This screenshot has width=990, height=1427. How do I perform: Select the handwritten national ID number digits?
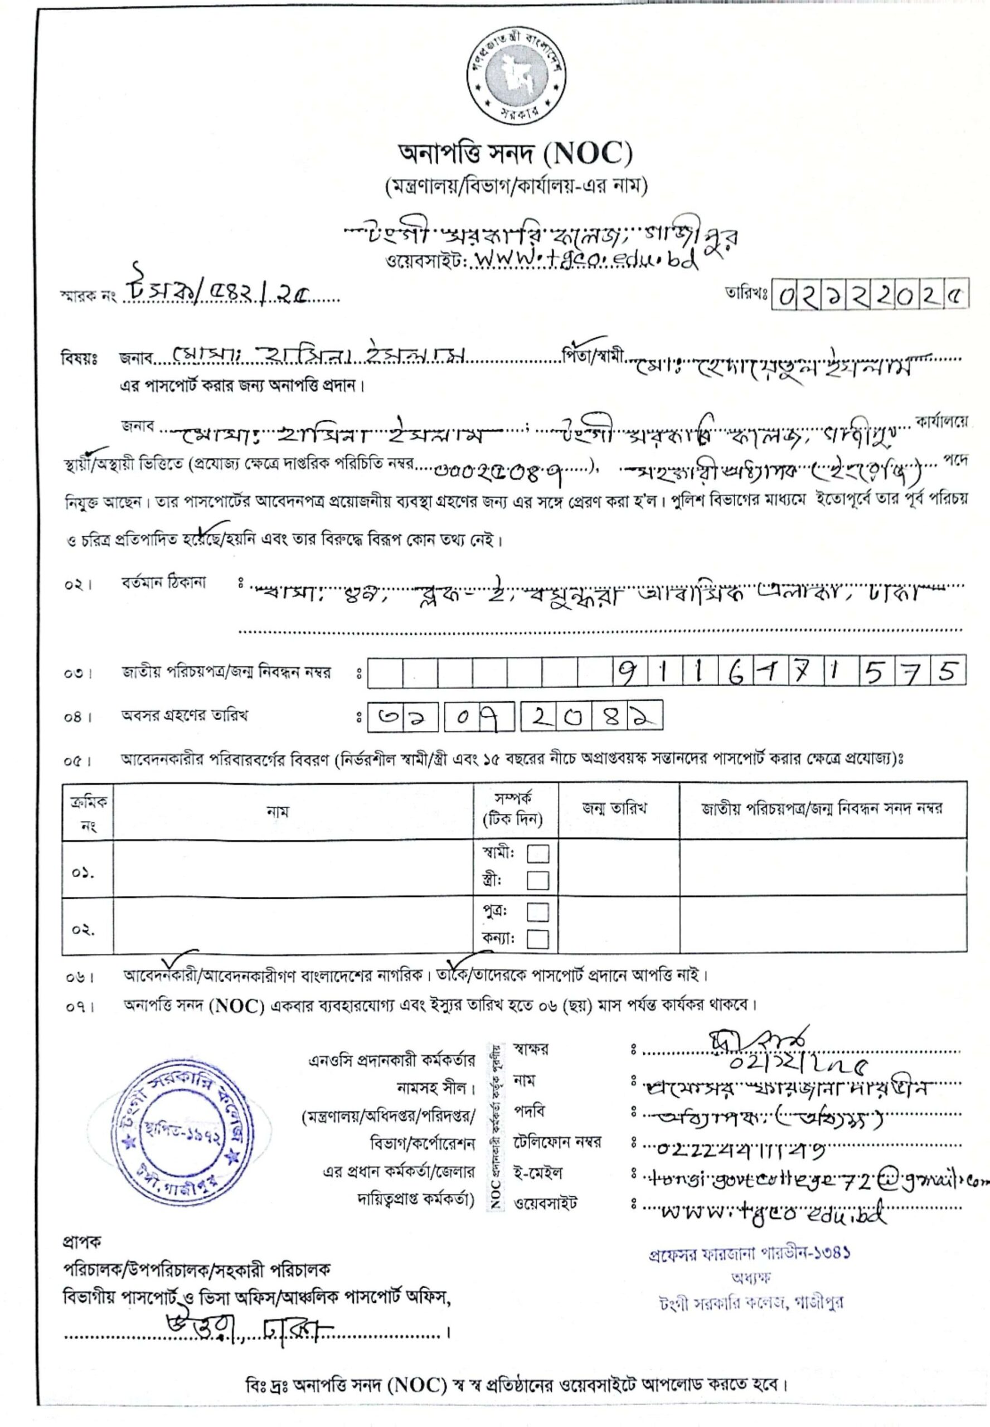point(788,672)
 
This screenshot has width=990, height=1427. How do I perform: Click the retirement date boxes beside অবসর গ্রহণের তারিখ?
point(515,717)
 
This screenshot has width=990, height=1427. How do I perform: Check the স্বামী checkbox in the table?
point(537,855)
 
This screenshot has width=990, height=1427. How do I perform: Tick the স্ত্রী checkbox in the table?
point(537,881)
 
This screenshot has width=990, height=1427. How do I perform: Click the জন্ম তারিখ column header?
point(614,808)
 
